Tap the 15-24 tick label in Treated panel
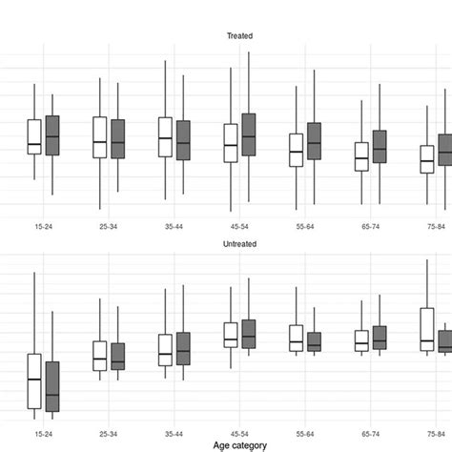(x=43, y=227)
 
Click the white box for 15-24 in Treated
(x=34, y=136)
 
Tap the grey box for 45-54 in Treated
(x=249, y=134)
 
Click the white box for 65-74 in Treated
(x=361, y=156)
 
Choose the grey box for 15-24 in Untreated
(x=52, y=386)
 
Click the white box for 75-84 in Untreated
(x=427, y=329)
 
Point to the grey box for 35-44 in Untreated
(x=183, y=348)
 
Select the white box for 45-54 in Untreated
(x=231, y=335)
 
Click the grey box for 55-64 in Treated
(x=314, y=141)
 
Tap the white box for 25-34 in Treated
(x=99, y=137)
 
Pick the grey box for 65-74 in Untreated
(x=380, y=337)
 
